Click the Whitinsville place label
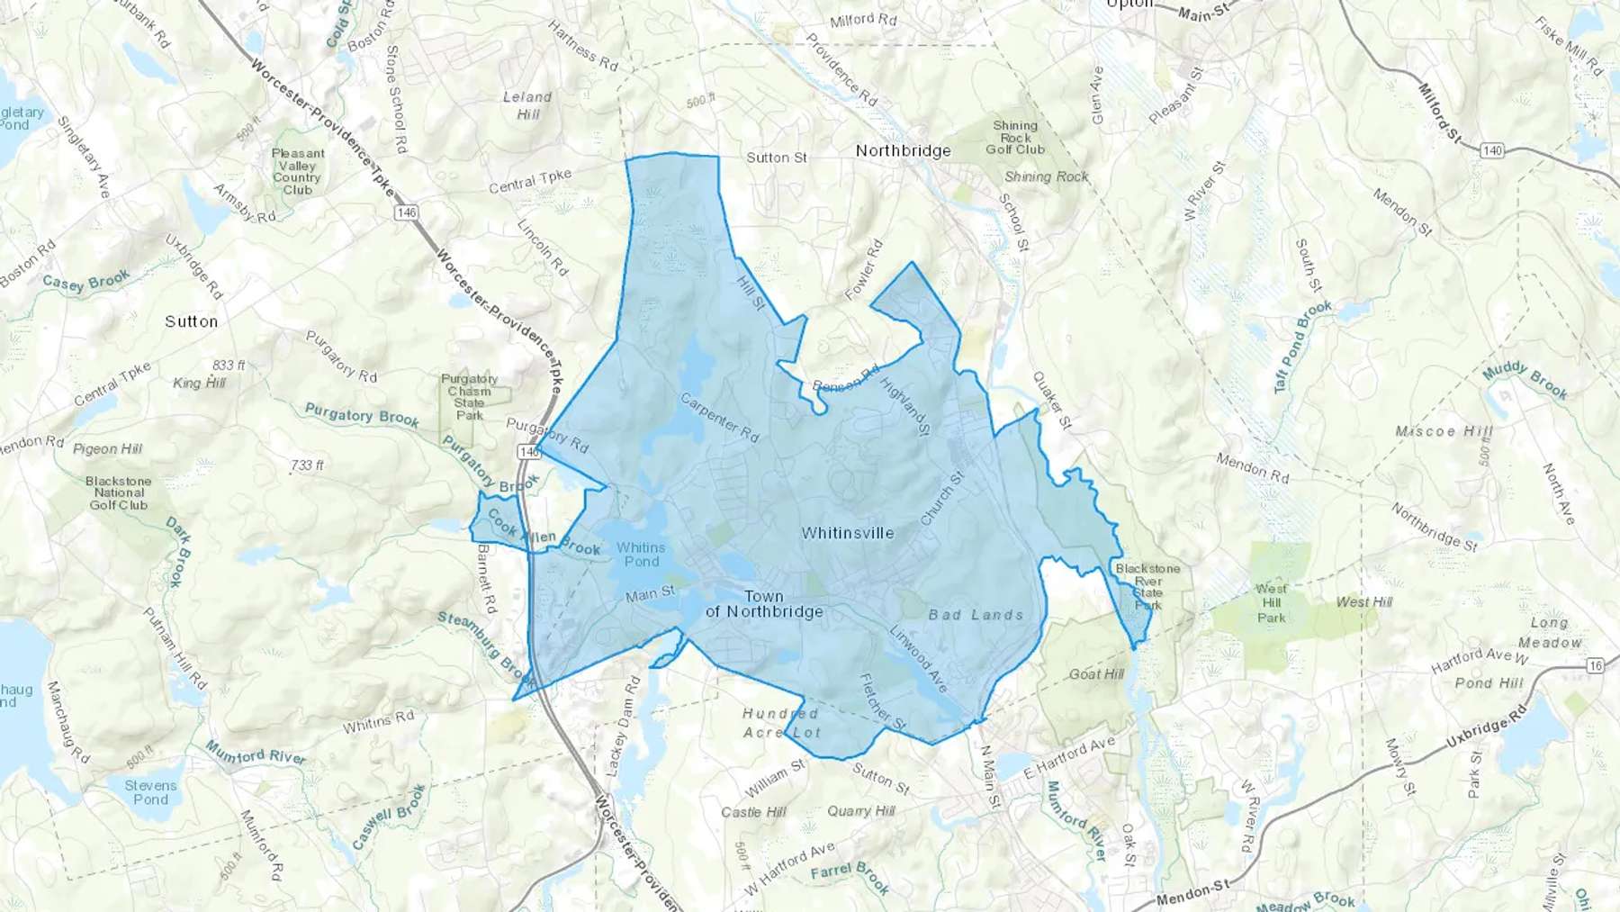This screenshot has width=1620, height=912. (x=848, y=533)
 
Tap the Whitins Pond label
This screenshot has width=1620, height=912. (x=641, y=555)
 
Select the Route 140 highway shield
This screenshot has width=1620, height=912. (x=1492, y=150)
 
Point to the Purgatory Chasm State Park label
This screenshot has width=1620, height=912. (x=469, y=397)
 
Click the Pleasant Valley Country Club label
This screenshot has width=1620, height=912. (x=298, y=171)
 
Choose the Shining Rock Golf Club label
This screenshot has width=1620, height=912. (x=1015, y=138)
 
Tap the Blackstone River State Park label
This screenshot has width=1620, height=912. (x=1147, y=587)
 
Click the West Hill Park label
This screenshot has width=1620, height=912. (x=1271, y=603)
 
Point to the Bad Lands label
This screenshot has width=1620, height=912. (x=976, y=615)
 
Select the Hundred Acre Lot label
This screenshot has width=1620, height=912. (x=781, y=723)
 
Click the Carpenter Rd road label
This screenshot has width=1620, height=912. (x=719, y=418)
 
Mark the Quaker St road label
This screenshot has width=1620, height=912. (x=1052, y=400)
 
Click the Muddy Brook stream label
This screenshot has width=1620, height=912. (x=1525, y=380)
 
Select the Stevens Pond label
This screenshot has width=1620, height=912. (x=150, y=792)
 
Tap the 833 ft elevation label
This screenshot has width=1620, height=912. (x=229, y=366)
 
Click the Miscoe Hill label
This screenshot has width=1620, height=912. (x=1443, y=432)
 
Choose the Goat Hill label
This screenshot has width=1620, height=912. (x=1096, y=674)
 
